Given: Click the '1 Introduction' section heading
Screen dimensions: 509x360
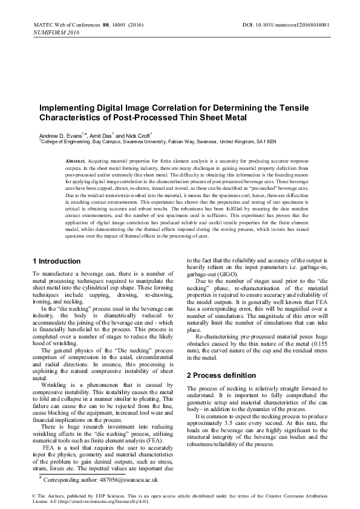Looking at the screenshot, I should click(56, 261).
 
